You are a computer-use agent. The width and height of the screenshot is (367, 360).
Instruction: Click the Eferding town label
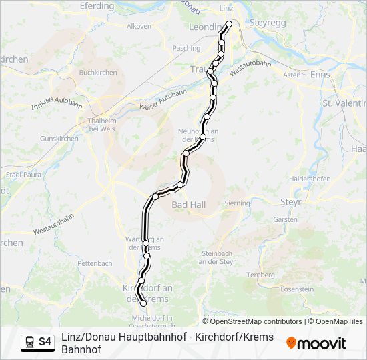(x=97, y=6)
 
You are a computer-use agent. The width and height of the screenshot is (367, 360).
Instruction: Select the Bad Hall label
(x=188, y=205)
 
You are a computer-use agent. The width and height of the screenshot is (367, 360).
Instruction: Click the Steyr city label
(x=291, y=201)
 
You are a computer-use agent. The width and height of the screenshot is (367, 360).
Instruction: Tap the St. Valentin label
(x=344, y=103)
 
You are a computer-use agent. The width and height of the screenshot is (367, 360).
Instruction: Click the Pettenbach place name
(x=95, y=263)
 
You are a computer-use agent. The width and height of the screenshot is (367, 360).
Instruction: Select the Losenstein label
(x=297, y=289)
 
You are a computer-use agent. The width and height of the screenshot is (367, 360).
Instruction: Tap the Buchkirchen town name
(x=98, y=73)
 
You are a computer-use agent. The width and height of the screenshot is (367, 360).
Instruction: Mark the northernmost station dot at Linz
(x=229, y=24)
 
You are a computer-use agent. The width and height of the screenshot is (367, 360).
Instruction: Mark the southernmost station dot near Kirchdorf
(x=143, y=304)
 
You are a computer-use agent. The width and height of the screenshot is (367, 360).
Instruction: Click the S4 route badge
(x=45, y=342)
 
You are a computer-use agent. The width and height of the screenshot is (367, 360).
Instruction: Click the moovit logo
(x=316, y=343)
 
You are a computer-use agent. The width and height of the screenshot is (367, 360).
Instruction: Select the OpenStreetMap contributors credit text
(x=252, y=321)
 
